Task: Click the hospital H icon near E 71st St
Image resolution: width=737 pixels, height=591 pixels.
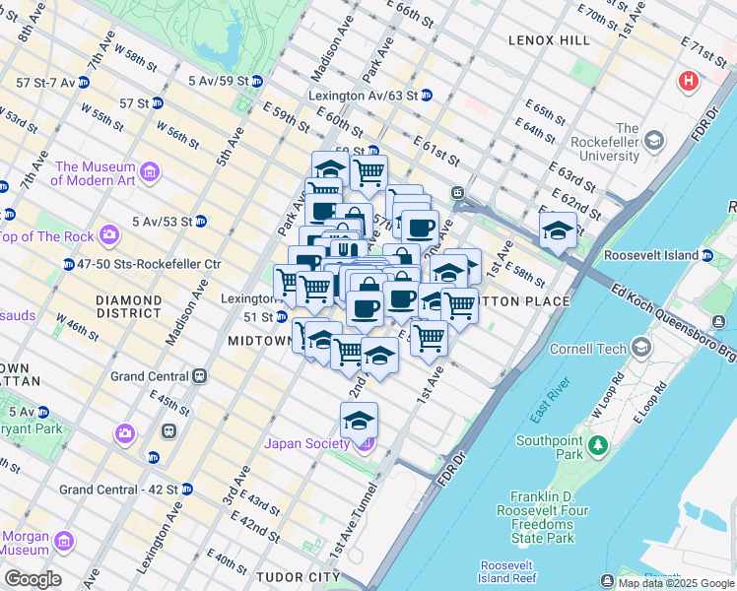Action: click(688, 81)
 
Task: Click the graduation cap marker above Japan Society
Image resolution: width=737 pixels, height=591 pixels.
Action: click(360, 421)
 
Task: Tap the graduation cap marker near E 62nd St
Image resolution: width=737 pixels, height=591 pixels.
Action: click(559, 231)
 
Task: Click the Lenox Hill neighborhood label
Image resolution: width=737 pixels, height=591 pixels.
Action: click(550, 40)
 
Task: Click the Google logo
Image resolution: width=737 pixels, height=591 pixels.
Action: click(33, 579)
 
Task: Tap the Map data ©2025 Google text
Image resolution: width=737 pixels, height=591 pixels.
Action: click(676, 583)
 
